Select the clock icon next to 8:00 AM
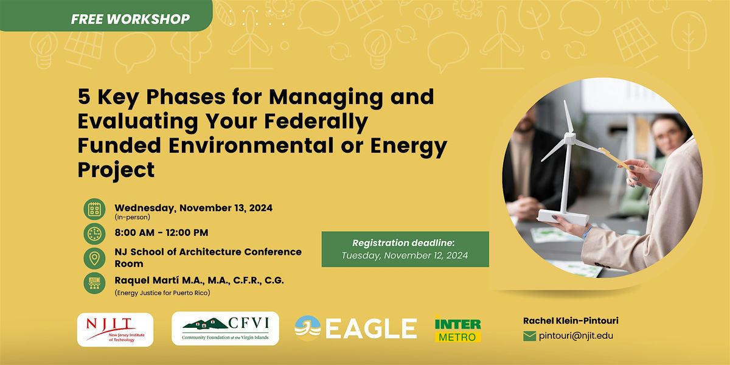(x=94, y=234)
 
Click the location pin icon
(x=94, y=258)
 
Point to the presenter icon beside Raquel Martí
(x=94, y=283)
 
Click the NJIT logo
(x=116, y=329)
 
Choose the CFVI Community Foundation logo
(x=225, y=328)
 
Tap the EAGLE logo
(x=356, y=328)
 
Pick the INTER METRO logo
(x=458, y=328)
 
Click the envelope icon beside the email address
(x=530, y=335)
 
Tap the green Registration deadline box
(x=405, y=249)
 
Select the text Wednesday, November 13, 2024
(x=193, y=207)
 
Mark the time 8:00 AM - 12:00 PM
(x=161, y=232)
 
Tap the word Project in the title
(x=116, y=170)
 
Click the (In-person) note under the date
(x=131, y=217)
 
